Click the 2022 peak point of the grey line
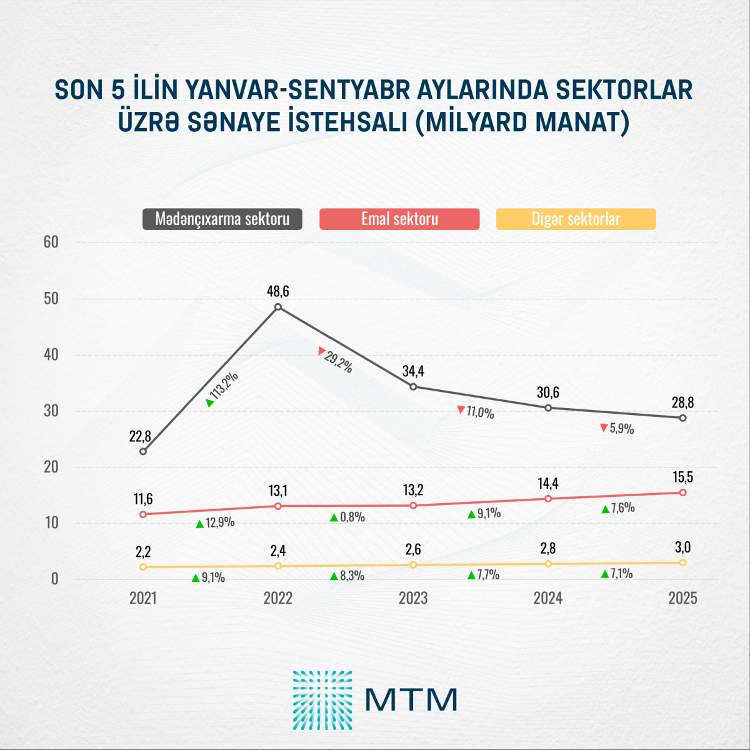[x=278, y=307]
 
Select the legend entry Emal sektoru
[x=399, y=219]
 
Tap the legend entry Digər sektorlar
[x=576, y=219]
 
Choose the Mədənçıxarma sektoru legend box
[x=222, y=219]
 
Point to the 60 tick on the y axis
[x=51, y=242]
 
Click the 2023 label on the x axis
[x=413, y=598]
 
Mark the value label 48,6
[x=278, y=291]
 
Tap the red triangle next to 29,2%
[x=322, y=351]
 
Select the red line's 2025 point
[x=682, y=492]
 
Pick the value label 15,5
[x=682, y=477]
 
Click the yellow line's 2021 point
[x=143, y=567]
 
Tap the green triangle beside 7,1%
[x=605, y=574]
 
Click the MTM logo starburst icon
[x=322, y=700]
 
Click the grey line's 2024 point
[x=548, y=408]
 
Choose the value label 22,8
[x=140, y=436]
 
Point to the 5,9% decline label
[x=621, y=429]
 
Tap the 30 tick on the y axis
[x=51, y=411]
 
